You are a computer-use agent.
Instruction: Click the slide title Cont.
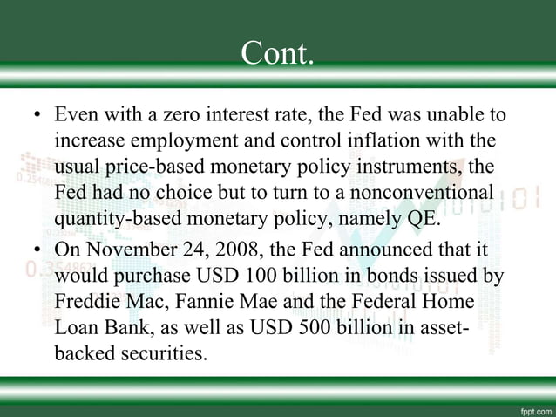point(278,54)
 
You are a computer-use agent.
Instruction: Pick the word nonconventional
point(428,191)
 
